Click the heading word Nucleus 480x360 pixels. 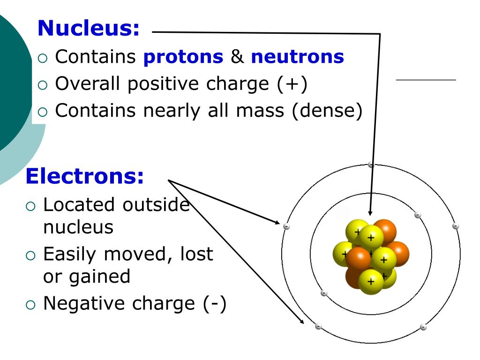tap(89, 28)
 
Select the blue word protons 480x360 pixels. tap(183, 57)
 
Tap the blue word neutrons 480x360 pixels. tap(298, 57)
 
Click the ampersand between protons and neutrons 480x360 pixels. tap(237, 57)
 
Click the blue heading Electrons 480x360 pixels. tap(85, 176)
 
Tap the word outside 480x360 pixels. tap(156, 205)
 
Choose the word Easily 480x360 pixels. tap(70, 254)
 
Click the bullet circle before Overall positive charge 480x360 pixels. tap(43, 85)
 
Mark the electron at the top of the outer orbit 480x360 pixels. tap(371, 165)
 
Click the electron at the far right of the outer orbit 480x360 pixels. tap(455, 226)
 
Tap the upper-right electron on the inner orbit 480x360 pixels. tap(417, 215)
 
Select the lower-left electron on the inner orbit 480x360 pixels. tap(323, 293)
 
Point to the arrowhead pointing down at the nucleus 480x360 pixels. tap(370, 212)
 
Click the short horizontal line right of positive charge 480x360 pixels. tap(426, 80)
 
